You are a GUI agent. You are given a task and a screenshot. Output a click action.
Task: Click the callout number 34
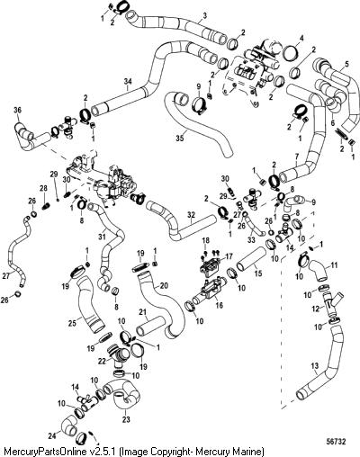pos(128,81)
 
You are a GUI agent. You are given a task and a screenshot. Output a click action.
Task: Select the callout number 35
pos(180,139)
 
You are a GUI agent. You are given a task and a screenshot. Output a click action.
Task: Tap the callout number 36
pos(18,111)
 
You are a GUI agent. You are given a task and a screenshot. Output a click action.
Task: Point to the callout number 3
pos(205,16)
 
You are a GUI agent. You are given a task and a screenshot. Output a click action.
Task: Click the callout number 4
pos(301,39)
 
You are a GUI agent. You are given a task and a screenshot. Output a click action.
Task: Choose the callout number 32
pos(191,215)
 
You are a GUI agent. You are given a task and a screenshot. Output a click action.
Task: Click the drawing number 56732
pos(336,442)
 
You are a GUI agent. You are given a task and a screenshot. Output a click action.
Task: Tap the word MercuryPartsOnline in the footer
pos(47,451)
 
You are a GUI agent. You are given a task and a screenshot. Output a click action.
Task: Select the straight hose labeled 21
pos(150,327)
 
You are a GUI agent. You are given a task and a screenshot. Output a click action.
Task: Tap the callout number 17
pos(229,256)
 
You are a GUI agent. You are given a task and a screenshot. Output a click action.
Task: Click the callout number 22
pos(102,362)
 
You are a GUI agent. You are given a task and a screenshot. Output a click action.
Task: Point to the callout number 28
pos(43,188)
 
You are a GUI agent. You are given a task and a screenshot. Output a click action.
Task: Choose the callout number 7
pos(297,164)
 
